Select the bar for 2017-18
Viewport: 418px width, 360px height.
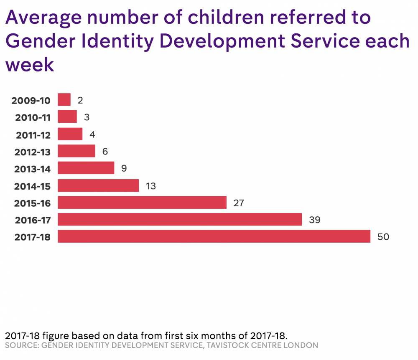click(214, 236)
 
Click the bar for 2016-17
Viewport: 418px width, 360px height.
click(180, 219)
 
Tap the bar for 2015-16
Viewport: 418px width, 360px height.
click(142, 203)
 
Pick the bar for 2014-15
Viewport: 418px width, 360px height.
click(98, 185)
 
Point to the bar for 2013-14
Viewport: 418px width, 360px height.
click(86, 168)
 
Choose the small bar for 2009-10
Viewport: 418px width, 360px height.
click(64, 100)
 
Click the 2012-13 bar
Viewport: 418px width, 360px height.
click(76, 151)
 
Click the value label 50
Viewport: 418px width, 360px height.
click(383, 237)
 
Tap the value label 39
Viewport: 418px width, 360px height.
click(314, 220)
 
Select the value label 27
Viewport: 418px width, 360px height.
click(239, 203)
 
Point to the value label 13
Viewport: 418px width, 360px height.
click(151, 186)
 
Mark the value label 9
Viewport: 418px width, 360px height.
click(124, 168)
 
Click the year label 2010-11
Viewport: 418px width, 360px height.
click(33, 118)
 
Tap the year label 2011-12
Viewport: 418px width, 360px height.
click(33, 135)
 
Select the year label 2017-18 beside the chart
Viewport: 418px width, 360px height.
click(32, 237)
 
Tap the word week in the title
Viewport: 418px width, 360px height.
click(30, 64)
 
